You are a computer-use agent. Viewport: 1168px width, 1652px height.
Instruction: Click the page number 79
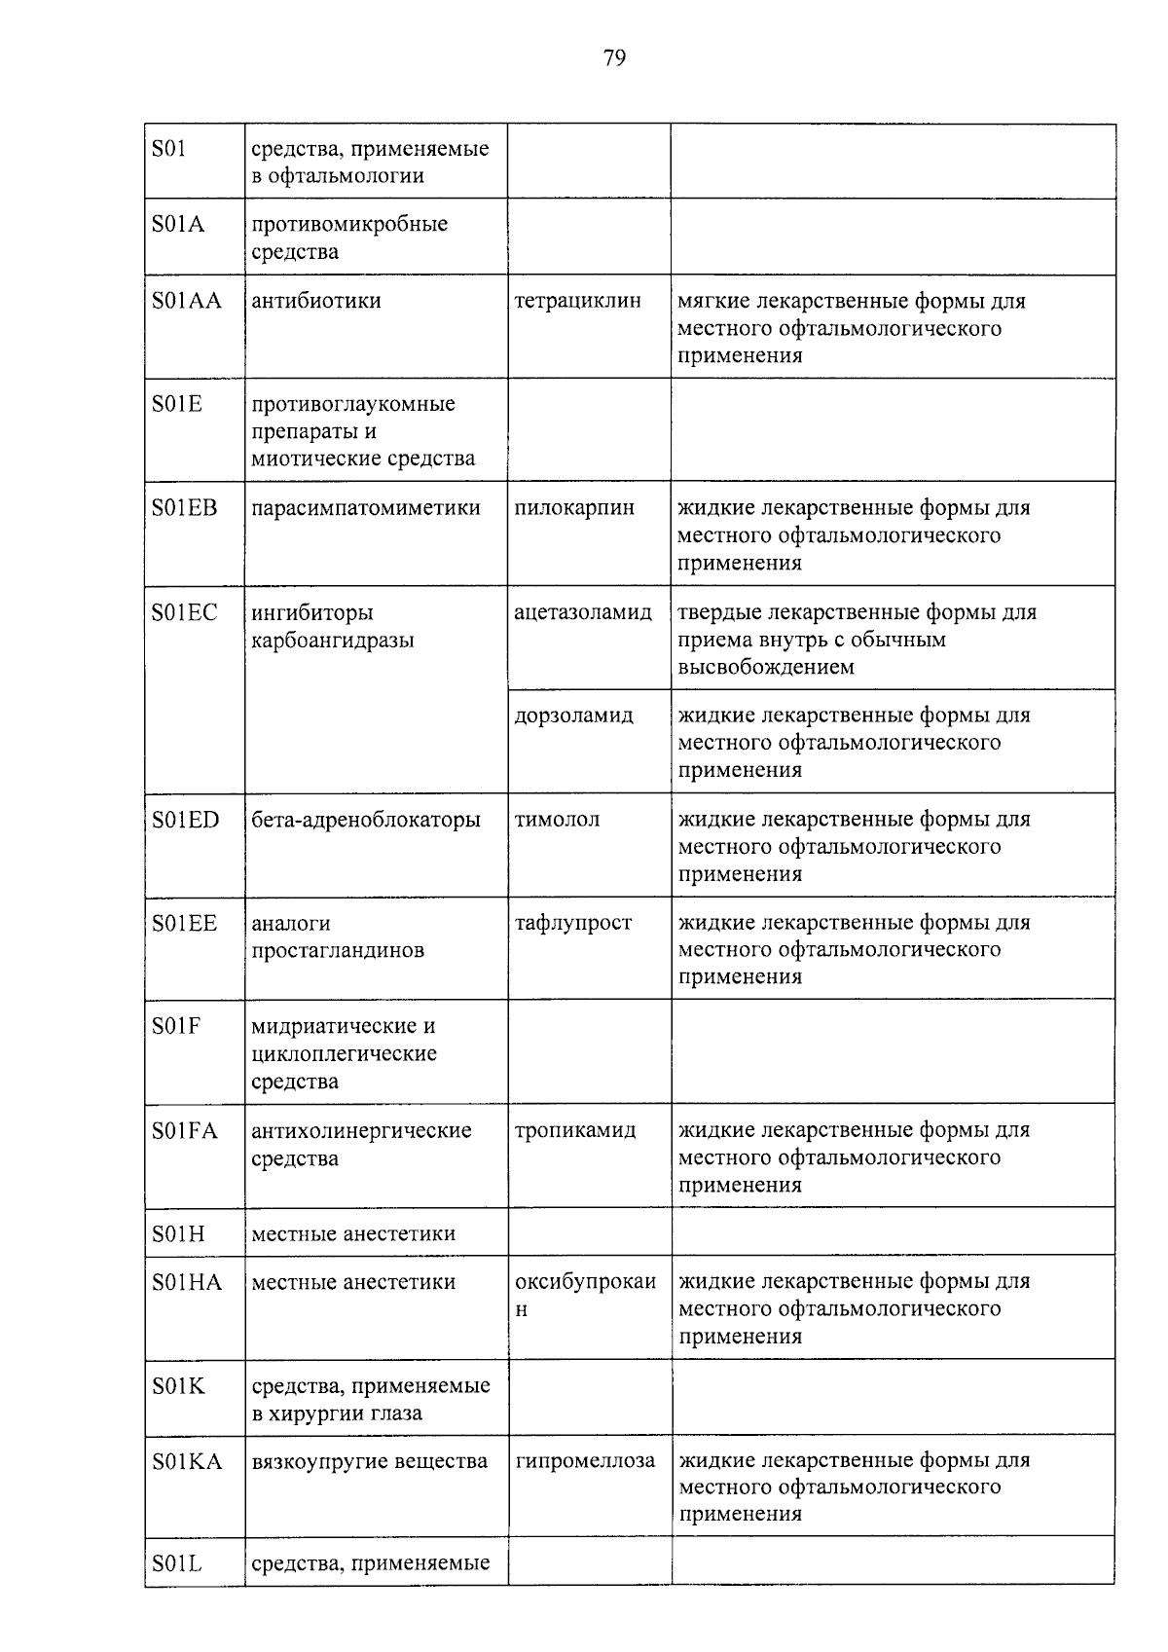point(614,58)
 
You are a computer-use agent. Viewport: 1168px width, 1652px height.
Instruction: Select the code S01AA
point(187,301)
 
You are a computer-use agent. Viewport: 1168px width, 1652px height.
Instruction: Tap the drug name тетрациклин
point(577,301)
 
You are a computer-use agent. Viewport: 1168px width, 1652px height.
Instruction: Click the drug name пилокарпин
point(574,508)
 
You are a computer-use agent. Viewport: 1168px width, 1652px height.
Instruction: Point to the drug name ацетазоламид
point(583,613)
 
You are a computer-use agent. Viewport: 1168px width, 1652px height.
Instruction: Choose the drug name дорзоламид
point(573,716)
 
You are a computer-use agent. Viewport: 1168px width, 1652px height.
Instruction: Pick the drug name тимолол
point(557,820)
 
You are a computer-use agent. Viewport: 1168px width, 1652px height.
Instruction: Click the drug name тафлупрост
point(573,923)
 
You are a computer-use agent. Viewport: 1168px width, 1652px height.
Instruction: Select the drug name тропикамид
point(575,1131)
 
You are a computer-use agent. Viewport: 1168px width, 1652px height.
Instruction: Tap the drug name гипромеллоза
point(585,1461)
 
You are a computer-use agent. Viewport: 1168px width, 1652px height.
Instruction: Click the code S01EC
point(185,613)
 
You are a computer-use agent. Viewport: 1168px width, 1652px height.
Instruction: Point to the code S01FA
point(185,1131)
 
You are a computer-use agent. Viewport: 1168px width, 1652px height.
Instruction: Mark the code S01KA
point(187,1461)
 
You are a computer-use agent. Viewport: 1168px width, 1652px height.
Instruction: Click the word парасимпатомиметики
point(366,508)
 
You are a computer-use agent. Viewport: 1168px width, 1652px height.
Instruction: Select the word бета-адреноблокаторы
point(366,820)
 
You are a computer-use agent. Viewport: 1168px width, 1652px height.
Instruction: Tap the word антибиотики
point(316,301)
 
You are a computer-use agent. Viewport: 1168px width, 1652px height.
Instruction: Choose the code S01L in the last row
point(177,1563)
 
